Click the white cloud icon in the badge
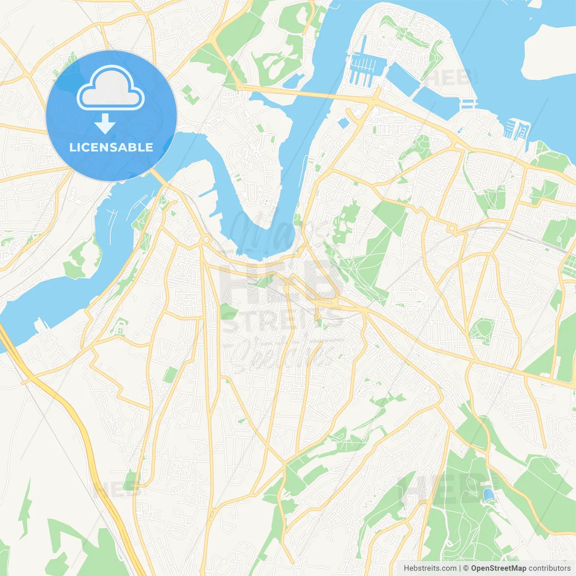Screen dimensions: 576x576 coord(111,88)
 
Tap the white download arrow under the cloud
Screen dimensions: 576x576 coord(105,123)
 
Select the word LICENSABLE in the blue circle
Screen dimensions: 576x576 coord(111,147)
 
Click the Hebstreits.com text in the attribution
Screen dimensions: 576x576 coord(430,568)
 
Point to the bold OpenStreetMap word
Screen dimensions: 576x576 coord(498,568)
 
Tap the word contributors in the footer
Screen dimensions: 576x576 coord(549,568)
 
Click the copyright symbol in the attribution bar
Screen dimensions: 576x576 coord(466,568)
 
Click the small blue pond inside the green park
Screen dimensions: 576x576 coord(488,495)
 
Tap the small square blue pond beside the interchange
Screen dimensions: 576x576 coord(344,123)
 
